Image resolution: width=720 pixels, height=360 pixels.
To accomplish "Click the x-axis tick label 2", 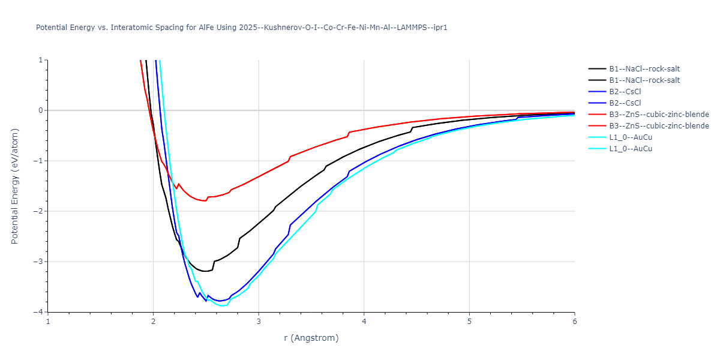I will click(x=153, y=322).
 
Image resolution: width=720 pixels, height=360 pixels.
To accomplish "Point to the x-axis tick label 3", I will click(x=259, y=322).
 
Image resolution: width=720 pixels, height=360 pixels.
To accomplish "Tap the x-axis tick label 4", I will click(x=364, y=322).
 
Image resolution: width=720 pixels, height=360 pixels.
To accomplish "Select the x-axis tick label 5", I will click(x=469, y=322).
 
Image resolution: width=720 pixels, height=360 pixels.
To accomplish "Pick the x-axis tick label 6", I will click(x=574, y=322).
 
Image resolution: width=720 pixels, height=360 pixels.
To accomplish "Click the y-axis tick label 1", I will click(x=40, y=60).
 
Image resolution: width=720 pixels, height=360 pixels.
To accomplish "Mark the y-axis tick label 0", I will click(x=40, y=110).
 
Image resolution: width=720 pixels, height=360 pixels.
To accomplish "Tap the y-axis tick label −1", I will click(x=38, y=161).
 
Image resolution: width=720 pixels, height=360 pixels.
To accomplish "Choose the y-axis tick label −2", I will click(x=38, y=211).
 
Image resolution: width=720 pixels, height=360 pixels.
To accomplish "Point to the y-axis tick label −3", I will click(x=38, y=262).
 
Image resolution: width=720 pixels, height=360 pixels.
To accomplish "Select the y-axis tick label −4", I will click(x=38, y=312).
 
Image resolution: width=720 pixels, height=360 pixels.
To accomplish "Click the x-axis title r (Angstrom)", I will click(x=311, y=338).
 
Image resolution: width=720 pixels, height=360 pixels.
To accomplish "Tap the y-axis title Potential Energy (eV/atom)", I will click(x=16, y=186).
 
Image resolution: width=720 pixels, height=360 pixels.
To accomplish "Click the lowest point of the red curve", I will click(x=205, y=200).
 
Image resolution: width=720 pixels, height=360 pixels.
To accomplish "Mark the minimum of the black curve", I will click(x=206, y=271).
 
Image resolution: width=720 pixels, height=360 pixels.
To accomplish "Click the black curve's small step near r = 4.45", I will click(x=412, y=130).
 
